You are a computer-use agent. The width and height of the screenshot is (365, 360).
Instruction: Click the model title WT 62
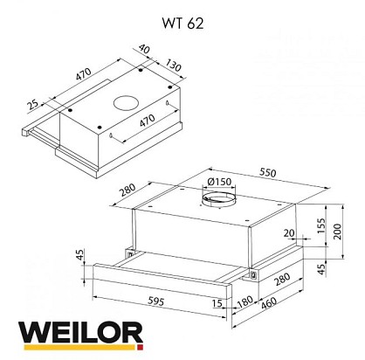tap(182, 24)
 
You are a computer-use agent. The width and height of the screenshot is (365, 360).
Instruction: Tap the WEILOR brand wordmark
tap(81, 333)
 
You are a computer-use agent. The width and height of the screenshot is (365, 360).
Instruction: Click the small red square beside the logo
tap(140, 348)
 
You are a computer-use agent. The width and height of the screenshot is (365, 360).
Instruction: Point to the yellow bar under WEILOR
tap(79, 348)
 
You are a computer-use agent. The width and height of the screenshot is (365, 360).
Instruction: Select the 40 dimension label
tap(144, 49)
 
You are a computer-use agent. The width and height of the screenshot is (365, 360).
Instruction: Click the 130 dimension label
tap(174, 66)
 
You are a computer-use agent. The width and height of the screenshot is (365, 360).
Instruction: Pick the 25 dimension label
tap(33, 105)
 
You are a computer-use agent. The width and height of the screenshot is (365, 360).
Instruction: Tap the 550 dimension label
tap(267, 173)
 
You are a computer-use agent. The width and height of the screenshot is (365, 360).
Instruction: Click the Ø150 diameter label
tap(220, 182)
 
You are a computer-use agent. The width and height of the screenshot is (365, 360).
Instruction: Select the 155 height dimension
tap(321, 225)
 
